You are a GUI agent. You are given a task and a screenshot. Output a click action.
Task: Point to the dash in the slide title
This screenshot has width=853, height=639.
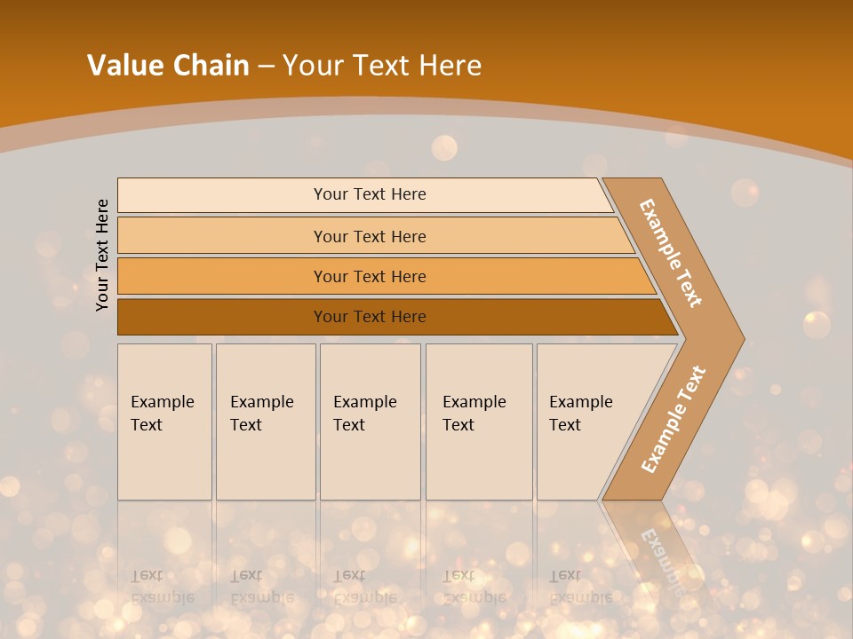coord(266,66)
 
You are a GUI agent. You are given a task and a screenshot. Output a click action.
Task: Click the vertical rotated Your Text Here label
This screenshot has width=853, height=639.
coord(102,255)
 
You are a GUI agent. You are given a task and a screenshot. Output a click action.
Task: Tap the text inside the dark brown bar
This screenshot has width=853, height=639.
coord(370,317)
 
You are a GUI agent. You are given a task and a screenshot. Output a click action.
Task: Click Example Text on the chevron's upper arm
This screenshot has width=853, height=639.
coord(671,253)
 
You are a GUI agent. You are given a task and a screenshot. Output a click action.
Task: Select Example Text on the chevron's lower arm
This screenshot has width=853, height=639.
coord(673,420)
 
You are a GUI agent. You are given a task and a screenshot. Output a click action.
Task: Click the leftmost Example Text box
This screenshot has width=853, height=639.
coord(164,422)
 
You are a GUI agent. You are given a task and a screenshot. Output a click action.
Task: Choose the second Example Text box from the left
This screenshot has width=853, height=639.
coord(266,422)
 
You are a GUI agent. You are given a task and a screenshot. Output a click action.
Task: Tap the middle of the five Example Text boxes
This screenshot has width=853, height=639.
coord(370,422)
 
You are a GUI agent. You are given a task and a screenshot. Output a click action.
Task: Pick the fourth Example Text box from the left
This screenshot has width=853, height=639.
coord(479,422)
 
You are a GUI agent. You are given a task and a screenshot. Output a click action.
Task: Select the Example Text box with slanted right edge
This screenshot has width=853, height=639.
coord(582,422)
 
